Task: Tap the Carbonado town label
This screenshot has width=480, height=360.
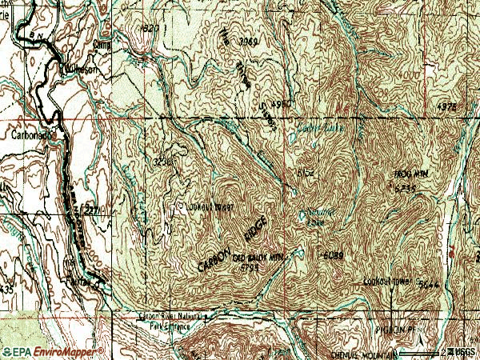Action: click(31, 134)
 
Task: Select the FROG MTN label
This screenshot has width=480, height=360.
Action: click(410, 174)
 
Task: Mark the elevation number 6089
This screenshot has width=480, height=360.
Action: click(334, 256)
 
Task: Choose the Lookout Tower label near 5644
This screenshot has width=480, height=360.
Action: click(386, 282)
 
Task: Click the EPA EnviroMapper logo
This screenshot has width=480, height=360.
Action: click(52, 351)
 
